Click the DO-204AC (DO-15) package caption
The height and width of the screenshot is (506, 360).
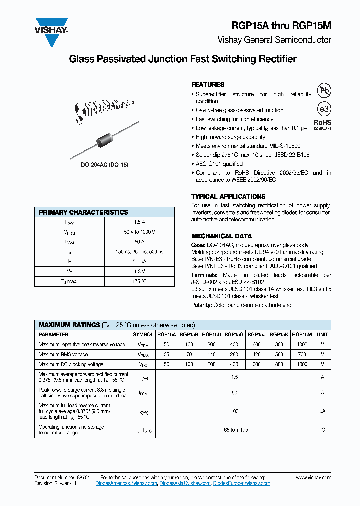105,164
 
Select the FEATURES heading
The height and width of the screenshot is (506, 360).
208,85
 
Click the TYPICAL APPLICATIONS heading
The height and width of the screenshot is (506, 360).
228,196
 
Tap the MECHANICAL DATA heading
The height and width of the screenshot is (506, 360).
221,236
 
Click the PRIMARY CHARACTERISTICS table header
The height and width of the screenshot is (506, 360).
83,212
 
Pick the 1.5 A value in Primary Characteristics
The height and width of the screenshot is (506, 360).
139,222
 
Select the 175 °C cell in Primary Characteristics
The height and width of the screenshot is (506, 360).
139,281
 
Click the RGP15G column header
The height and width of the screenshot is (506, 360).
234,335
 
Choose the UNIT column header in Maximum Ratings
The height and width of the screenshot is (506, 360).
322,335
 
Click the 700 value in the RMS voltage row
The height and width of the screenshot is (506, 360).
301,355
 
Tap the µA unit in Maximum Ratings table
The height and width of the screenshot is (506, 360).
322,411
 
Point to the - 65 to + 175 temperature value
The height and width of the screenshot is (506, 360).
234,430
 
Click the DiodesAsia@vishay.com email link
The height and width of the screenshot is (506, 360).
185,484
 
